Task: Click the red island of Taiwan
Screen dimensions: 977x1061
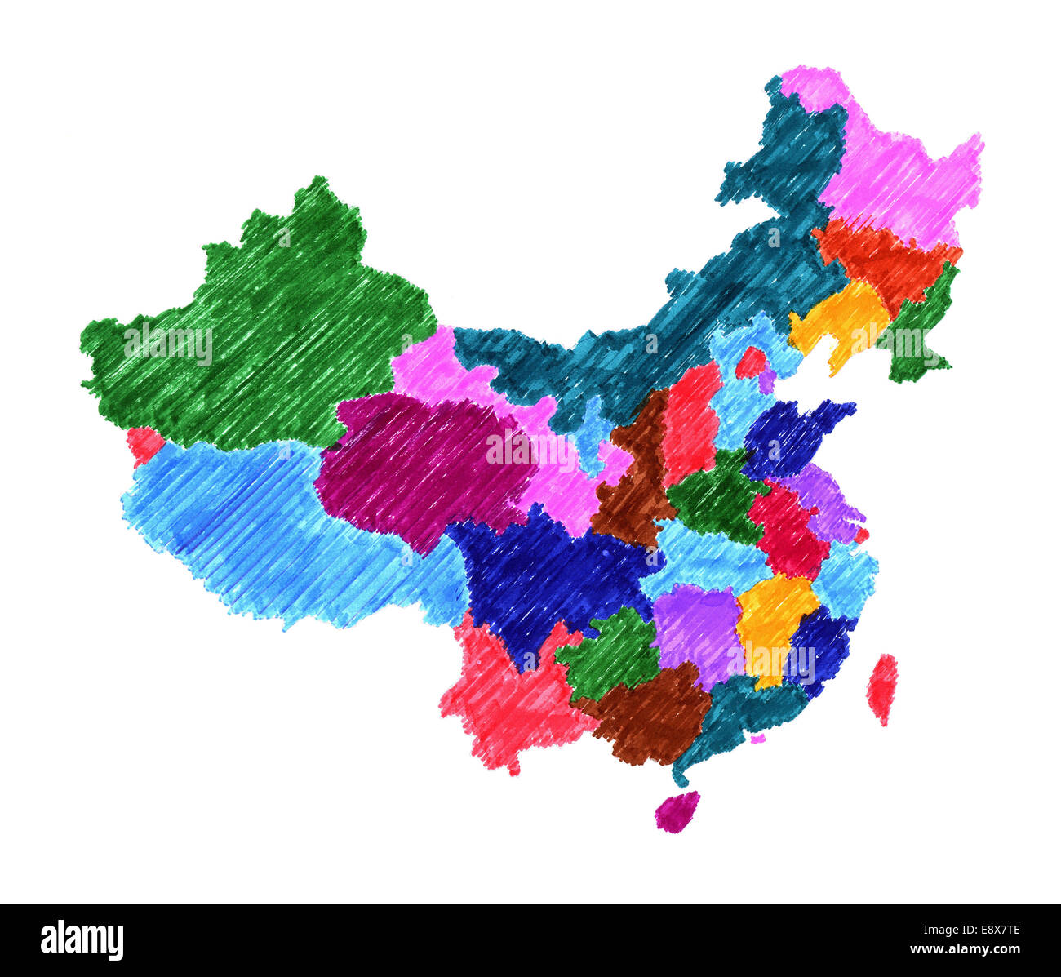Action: [x=881, y=689]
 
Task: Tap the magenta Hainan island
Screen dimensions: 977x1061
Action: [x=677, y=812]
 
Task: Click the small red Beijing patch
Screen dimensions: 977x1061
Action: [x=750, y=362]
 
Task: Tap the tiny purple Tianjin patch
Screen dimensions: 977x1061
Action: [x=766, y=380]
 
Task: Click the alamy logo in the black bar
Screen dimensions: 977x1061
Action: [x=82, y=939]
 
